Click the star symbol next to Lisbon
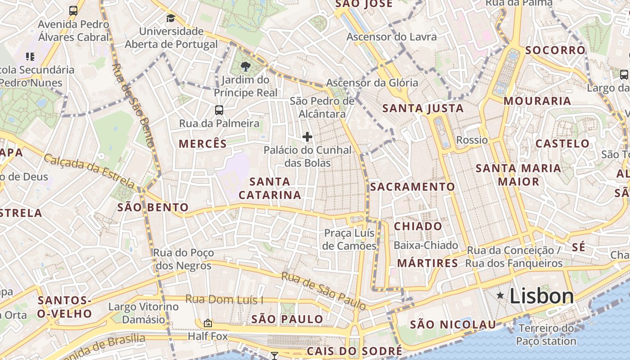click(500, 295)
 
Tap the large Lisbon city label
click(542, 296)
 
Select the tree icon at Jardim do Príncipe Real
click(245, 67)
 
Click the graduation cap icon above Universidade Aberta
click(171, 18)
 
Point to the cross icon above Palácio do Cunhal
click(307, 137)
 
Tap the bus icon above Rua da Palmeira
click(219, 110)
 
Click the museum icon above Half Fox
click(207, 323)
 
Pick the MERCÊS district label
click(203, 144)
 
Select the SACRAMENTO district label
click(413, 186)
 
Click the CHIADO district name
click(418, 226)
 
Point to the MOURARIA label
click(537, 101)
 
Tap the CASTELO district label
click(562, 144)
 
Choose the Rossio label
click(472, 140)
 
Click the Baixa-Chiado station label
click(426, 245)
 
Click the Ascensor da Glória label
click(372, 83)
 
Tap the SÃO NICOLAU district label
click(453, 324)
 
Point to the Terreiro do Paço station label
click(547, 334)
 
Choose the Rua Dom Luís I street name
click(225, 300)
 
